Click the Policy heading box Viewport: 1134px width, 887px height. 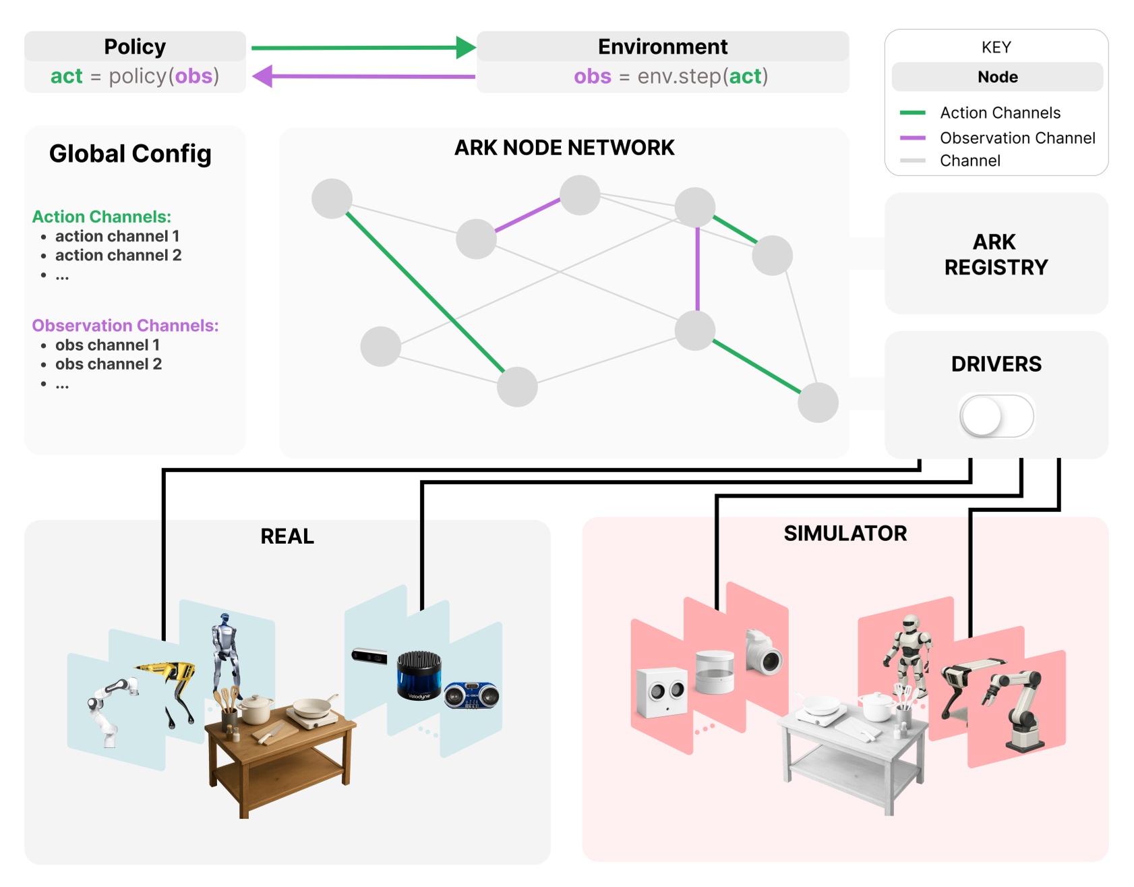135,47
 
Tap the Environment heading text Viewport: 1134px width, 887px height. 662,47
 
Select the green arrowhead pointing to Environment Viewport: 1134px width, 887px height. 466,47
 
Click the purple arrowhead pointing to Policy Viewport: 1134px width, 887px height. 262,76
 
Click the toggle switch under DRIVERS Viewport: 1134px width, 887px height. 996,416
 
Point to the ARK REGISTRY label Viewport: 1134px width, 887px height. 996,254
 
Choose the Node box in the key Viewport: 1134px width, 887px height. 996,77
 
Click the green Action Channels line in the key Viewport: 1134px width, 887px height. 912,113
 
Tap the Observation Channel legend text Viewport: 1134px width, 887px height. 1017,138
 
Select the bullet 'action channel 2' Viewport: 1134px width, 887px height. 118,255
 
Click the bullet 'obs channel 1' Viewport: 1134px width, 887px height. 107,345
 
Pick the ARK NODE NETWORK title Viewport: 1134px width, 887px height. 564,148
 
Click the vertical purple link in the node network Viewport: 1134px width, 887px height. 697,270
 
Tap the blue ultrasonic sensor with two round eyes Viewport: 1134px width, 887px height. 471,695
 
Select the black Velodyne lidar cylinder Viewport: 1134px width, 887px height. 419,675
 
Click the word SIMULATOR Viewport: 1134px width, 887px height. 845,534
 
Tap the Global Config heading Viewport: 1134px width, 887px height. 130,154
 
